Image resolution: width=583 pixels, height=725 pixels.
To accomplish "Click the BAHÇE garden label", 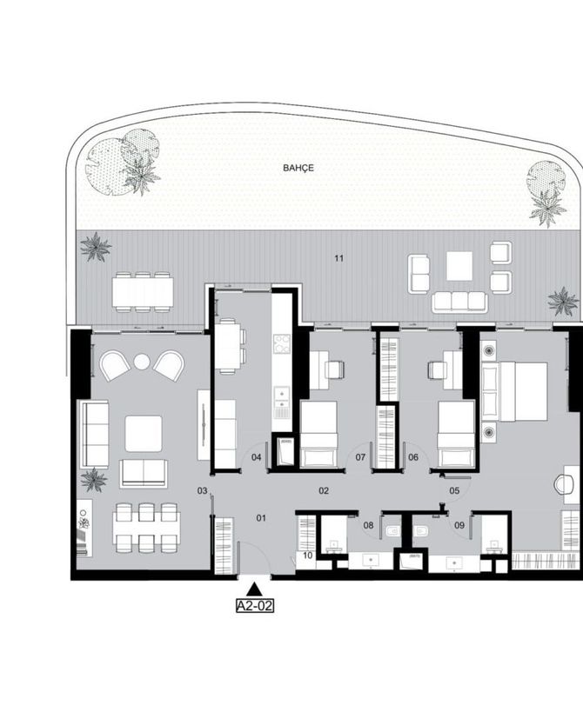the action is click(x=298, y=168).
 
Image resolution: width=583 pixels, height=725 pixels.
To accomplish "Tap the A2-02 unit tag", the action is click(x=254, y=606).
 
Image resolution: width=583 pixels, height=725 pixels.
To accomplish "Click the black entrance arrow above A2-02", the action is click(x=254, y=589).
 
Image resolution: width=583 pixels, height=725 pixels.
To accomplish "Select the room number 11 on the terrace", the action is click(x=339, y=258).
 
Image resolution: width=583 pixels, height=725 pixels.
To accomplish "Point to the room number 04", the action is click(x=257, y=457).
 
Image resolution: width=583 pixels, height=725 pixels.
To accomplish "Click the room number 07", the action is click(x=360, y=457).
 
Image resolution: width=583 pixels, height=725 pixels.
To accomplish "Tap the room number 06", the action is click(x=413, y=457).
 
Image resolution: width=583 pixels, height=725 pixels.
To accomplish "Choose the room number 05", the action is click(x=454, y=490).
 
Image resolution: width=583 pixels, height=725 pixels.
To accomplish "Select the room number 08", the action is click(x=368, y=525).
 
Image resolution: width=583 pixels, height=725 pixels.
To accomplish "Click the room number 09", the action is click(x=459, y=525).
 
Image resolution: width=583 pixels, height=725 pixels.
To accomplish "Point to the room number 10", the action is click(x=308, y=555).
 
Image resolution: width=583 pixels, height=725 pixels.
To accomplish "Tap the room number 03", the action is click(x=202, y=490).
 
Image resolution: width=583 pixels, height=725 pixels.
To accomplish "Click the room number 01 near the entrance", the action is click(x=261, y=518).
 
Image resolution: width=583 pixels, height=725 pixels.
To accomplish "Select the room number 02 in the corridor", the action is click(x=324, y=490).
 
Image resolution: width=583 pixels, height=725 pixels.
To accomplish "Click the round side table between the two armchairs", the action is click(x=142, y=362).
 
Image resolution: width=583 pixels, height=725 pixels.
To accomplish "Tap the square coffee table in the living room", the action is click(x=144, y=434).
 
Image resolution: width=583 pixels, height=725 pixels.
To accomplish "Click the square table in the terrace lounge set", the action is click(x=459, y=266).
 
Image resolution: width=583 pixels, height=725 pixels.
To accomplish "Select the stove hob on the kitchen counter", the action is click(x=282, y=343).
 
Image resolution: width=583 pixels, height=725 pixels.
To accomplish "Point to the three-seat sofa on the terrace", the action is click(x=459, y=302).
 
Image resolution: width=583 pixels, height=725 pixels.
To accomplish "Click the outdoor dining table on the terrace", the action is click(x=143, y=292).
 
